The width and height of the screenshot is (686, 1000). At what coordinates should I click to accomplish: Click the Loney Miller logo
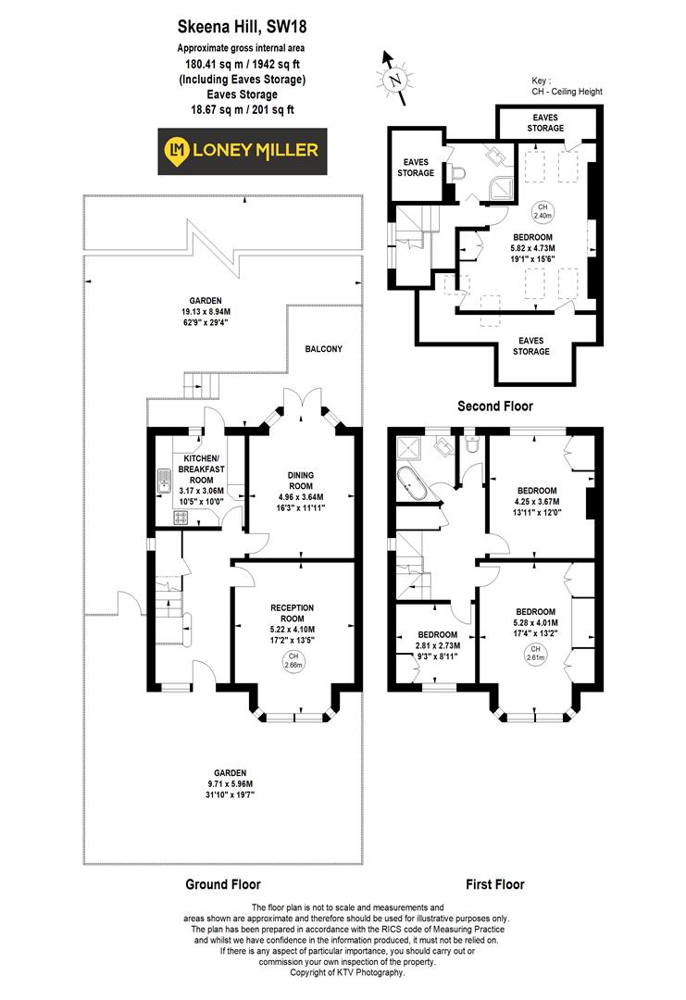tap(241, 150)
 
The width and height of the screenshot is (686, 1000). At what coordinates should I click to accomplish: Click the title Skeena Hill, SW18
tap(241, 29)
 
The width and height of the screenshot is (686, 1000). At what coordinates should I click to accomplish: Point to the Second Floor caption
tap(496, 406)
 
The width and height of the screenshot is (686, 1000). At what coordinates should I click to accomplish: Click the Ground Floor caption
tap(223, 883)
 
